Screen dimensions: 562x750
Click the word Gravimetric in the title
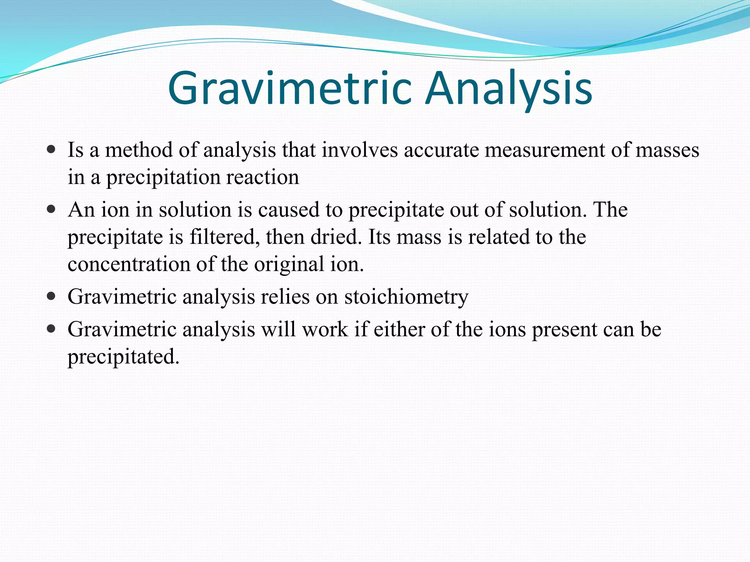(289, 89)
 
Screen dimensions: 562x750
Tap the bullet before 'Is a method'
(51, 150)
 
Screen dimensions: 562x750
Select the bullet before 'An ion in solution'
(51, 210)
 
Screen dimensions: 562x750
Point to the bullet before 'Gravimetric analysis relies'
(51, 296)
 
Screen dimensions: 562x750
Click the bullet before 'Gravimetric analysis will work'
(51, 329)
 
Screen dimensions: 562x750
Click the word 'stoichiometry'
(406, 297)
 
